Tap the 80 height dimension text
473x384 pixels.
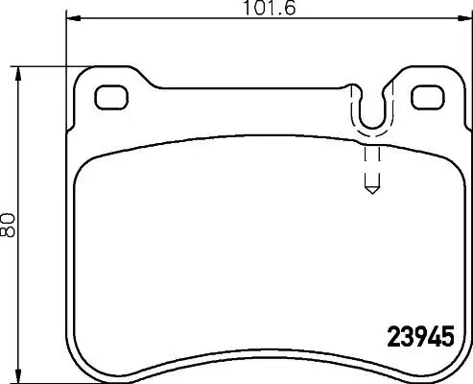coord(10,226)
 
